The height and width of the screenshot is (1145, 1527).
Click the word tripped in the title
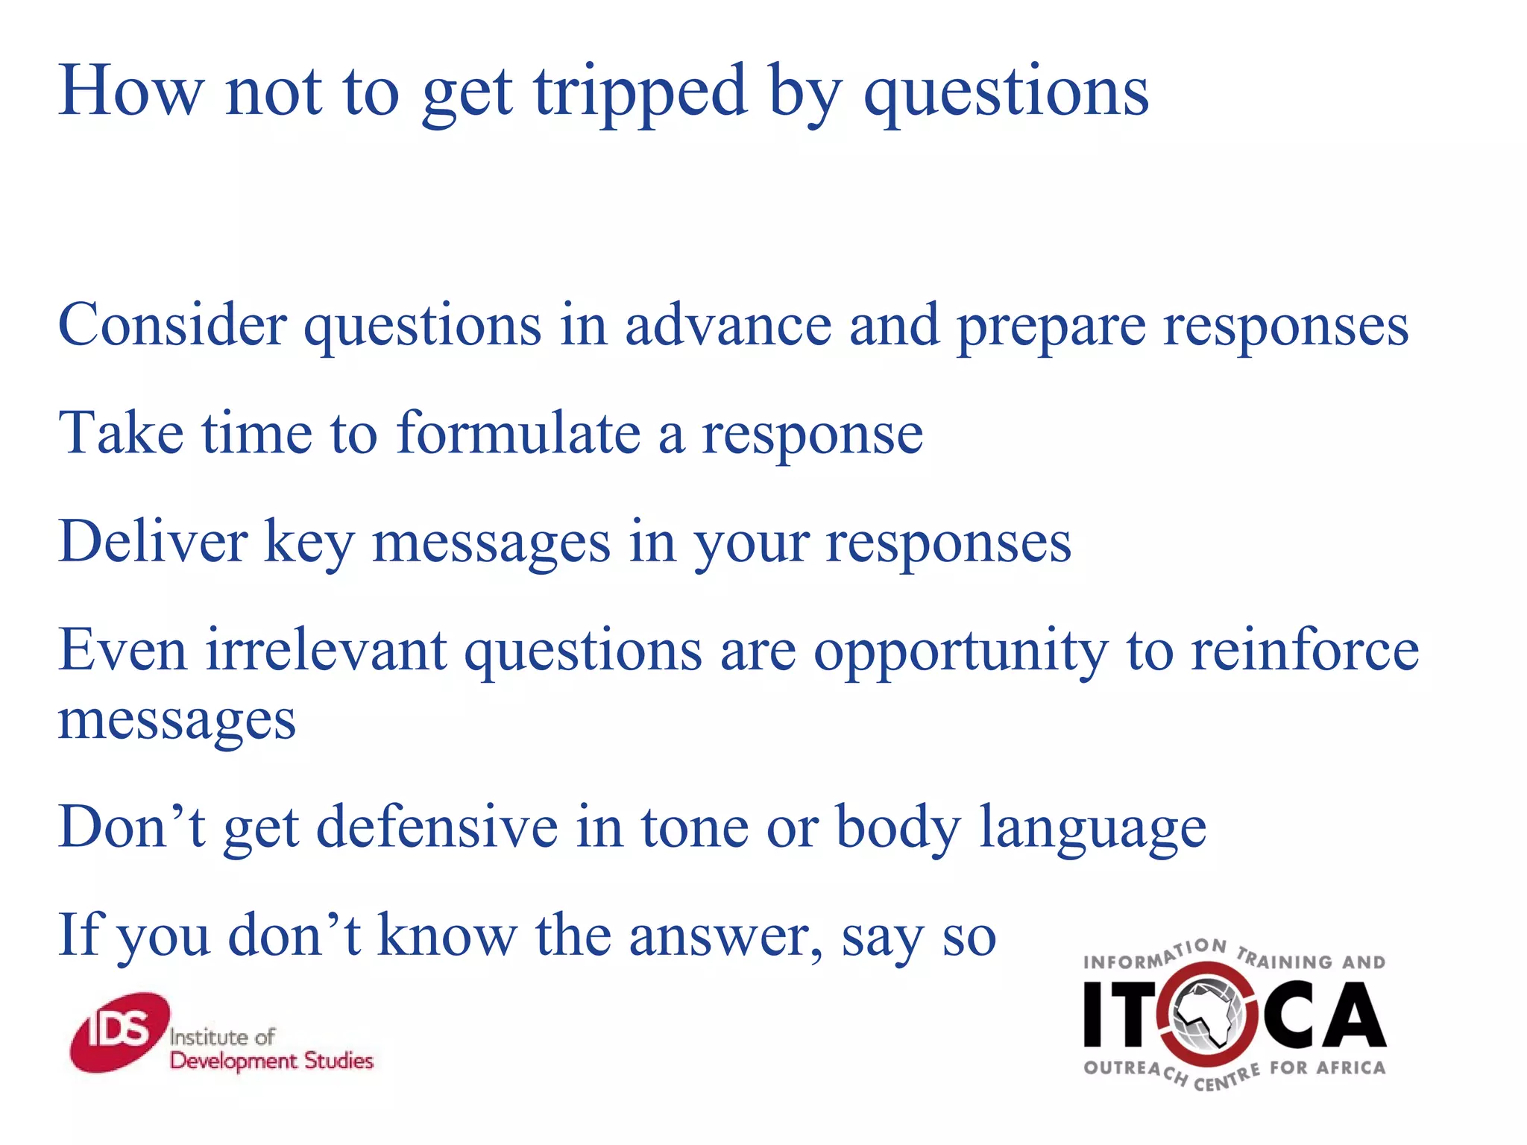point(640,93)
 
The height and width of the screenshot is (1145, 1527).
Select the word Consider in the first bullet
point(172,325)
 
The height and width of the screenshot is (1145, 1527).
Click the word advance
point(728,325)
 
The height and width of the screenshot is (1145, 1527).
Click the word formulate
point(518,433)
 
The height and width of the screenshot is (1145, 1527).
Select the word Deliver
point(153,541)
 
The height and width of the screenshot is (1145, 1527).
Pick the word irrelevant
point(327,650)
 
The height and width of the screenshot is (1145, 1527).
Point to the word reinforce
point(1306,650)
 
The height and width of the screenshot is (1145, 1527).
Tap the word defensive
point(437,827)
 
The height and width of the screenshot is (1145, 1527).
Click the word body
point(898,828)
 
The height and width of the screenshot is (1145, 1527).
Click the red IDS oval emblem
point(119,1032)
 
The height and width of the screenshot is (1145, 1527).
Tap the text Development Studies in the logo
point(271,1061)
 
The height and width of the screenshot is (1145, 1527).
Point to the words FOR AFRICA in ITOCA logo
point(1327,1067)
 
